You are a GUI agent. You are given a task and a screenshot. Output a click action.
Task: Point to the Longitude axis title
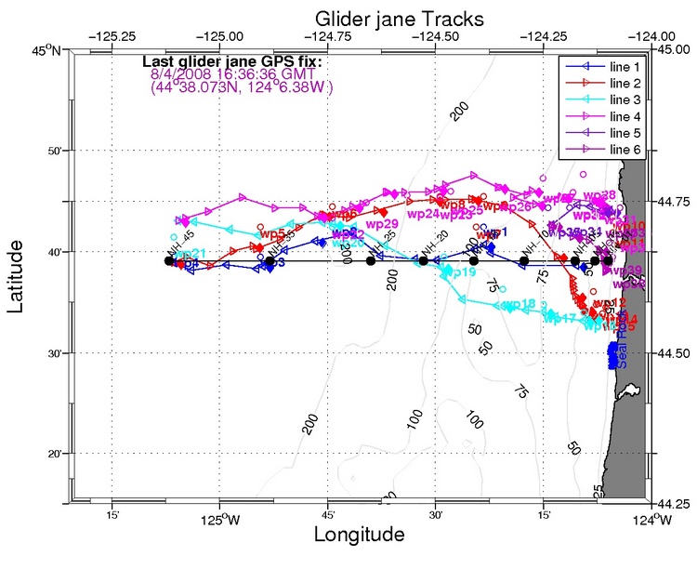click(359, 536)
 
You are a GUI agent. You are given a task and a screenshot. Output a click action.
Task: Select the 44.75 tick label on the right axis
click(669, 202)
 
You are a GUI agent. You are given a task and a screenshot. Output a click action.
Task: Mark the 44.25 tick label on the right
click(669, 503)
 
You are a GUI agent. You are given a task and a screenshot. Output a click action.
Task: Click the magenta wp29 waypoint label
click(382, 224)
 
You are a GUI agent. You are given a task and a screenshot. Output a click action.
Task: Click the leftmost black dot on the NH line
click(169, 260)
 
